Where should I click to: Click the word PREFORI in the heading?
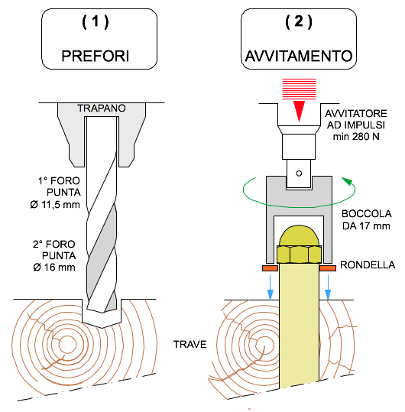96,56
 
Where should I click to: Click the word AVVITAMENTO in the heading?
299,56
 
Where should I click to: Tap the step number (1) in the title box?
96,22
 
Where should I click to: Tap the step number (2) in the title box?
299,22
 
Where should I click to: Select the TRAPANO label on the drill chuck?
102,109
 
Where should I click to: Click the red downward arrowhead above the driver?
299,111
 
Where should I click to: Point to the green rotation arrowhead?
347,181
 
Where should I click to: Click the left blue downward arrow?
271,287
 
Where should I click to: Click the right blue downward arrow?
328,287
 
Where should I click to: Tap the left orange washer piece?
270,268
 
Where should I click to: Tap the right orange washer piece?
328,268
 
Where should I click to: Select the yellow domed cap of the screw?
299,235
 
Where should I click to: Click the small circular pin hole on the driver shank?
299,174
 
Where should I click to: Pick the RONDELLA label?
368,264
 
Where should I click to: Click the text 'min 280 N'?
356,137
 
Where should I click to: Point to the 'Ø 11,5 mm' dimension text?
55,204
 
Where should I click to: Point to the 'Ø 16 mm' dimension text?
54,268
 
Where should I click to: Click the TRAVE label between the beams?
190,344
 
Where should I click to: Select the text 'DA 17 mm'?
366,226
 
